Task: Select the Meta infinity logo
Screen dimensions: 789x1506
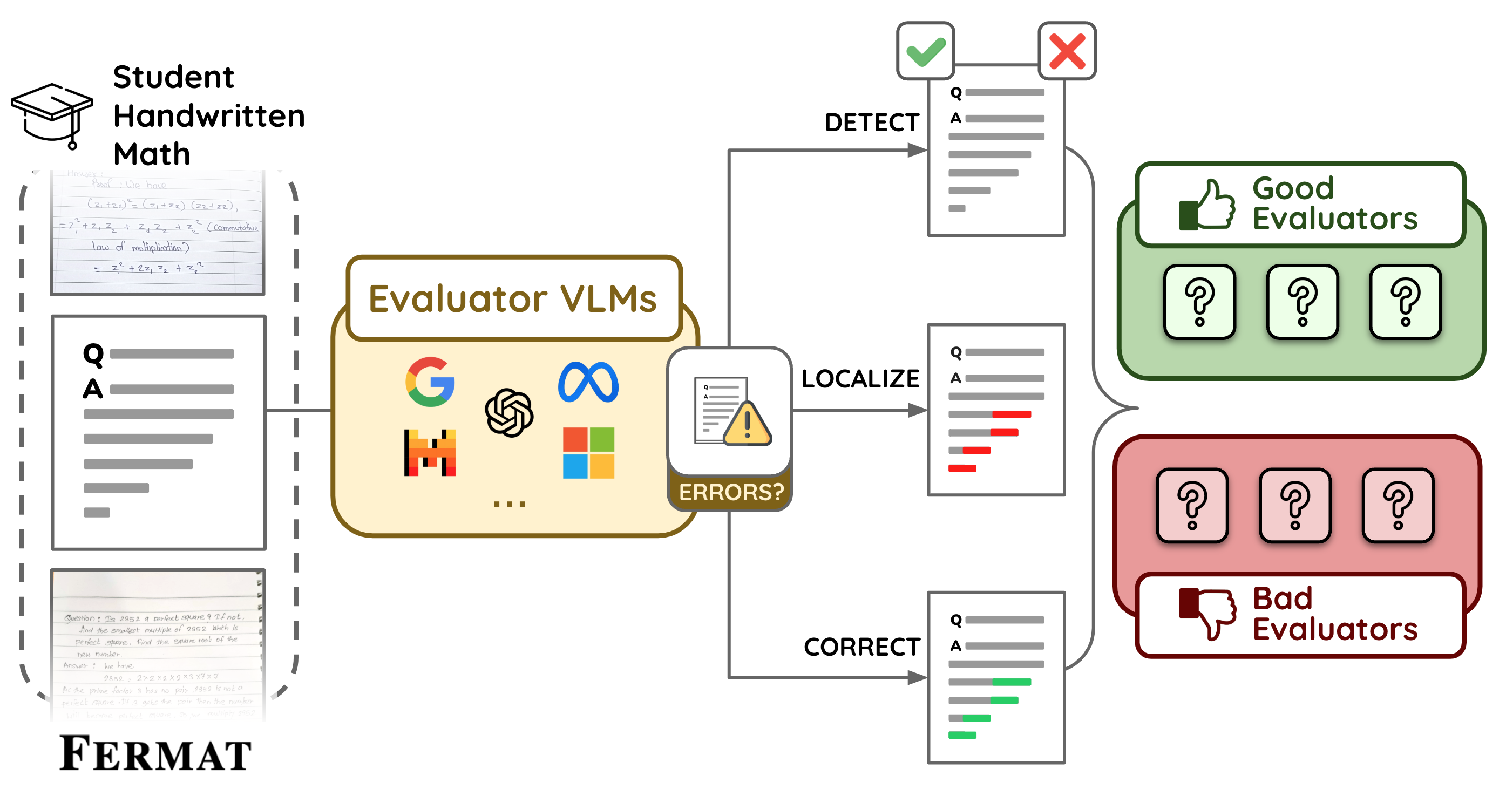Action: tap(588, 382)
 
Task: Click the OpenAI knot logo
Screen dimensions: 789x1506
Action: tap(509, 413)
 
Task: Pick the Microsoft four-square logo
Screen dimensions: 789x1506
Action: tap(588, 453)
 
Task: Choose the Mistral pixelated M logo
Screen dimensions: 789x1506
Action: tap(430, 453)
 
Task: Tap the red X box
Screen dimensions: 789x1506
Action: tap(1067, 51)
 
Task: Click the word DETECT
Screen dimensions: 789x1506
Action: tap(872, 123)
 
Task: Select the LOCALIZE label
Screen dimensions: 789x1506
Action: tap(860, 379)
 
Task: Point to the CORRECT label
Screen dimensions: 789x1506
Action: tap(861, 647)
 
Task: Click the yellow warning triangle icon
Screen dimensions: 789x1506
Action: tap(747, 424)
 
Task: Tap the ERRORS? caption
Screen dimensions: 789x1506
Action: tap(731, 492)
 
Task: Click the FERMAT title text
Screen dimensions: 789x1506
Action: tap(155, 754)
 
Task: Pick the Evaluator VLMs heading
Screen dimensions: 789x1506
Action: tap(513, 298)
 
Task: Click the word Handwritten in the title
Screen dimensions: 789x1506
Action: tap(209, 115)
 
